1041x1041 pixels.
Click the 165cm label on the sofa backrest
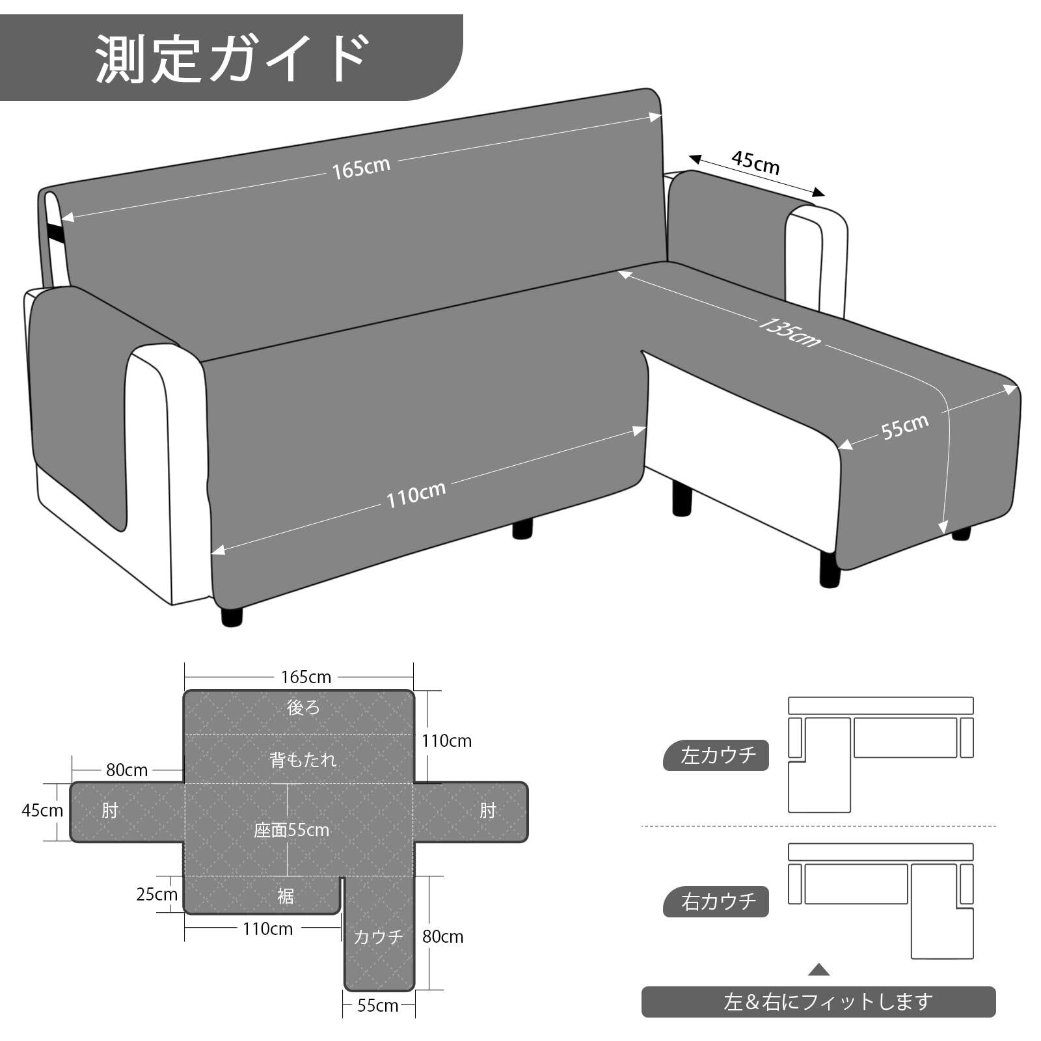coord(361,168)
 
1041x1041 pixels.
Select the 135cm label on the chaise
coord(789,332)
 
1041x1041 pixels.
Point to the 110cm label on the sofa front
coord(416,495)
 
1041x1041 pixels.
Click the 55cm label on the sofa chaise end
coord(905,427)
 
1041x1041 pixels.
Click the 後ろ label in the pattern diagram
coord(303,708)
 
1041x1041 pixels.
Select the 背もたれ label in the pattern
coord(303,759)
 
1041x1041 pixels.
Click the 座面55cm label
coord(291,830)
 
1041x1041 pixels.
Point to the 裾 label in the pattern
coord(286,897)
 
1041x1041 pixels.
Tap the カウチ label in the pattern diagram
coord(379,937)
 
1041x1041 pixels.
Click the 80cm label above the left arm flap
coord(127,770)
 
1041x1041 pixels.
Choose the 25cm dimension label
coord(157,895)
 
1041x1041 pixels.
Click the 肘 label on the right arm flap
coord(488,811)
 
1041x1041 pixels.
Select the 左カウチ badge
coord(716,755)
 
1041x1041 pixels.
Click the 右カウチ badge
coord(716,902)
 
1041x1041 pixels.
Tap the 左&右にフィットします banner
coord(818,1002)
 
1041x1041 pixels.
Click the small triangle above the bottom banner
coord(819,970)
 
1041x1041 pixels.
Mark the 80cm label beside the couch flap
coord(443,937)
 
